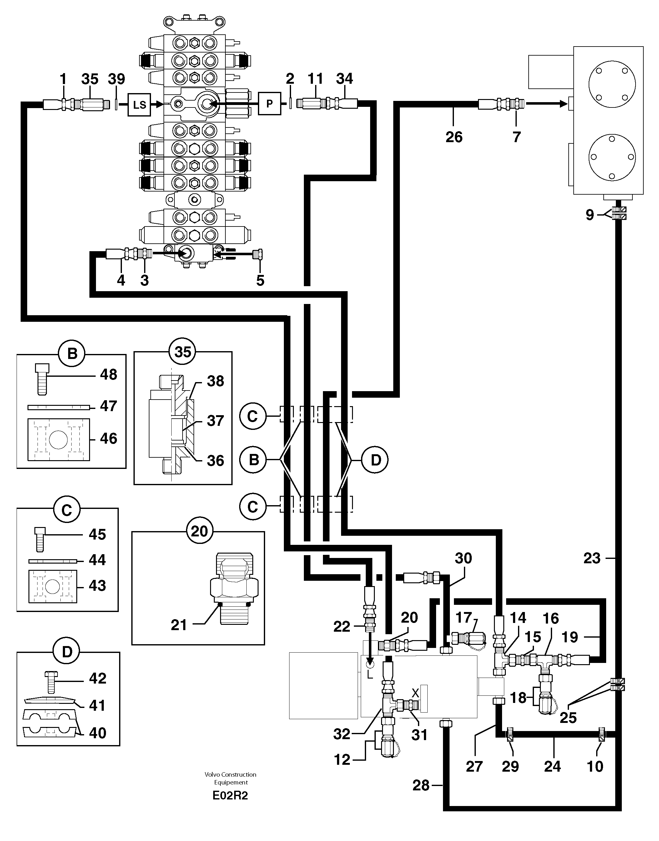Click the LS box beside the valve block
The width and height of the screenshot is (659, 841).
139,104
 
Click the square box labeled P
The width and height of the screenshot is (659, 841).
269,103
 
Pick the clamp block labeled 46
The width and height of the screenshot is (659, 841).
59,440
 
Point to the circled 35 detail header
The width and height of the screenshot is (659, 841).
183,352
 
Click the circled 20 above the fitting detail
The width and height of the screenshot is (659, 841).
199,531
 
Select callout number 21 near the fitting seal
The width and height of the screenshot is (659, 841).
179,625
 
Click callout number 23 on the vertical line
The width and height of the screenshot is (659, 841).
592,558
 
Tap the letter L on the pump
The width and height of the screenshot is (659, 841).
369,674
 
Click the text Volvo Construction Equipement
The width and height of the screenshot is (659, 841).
230,778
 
